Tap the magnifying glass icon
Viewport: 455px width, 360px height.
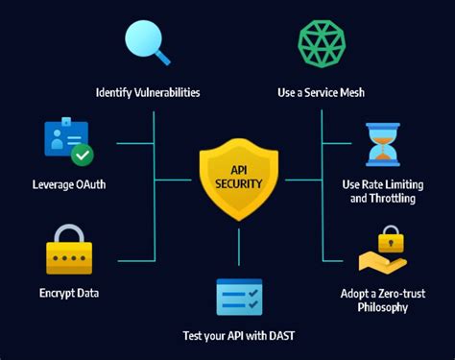coord(149,44)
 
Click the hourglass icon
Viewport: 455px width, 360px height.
coord(382,143)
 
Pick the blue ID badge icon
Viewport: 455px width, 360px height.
coord(65,140)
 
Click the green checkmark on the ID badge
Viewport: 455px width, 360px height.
coord(83,154)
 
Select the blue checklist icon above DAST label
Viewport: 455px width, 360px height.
coord(238,298)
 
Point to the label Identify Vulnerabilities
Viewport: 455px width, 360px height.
coord(149,93)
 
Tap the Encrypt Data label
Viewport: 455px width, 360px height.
coord(69,293)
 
